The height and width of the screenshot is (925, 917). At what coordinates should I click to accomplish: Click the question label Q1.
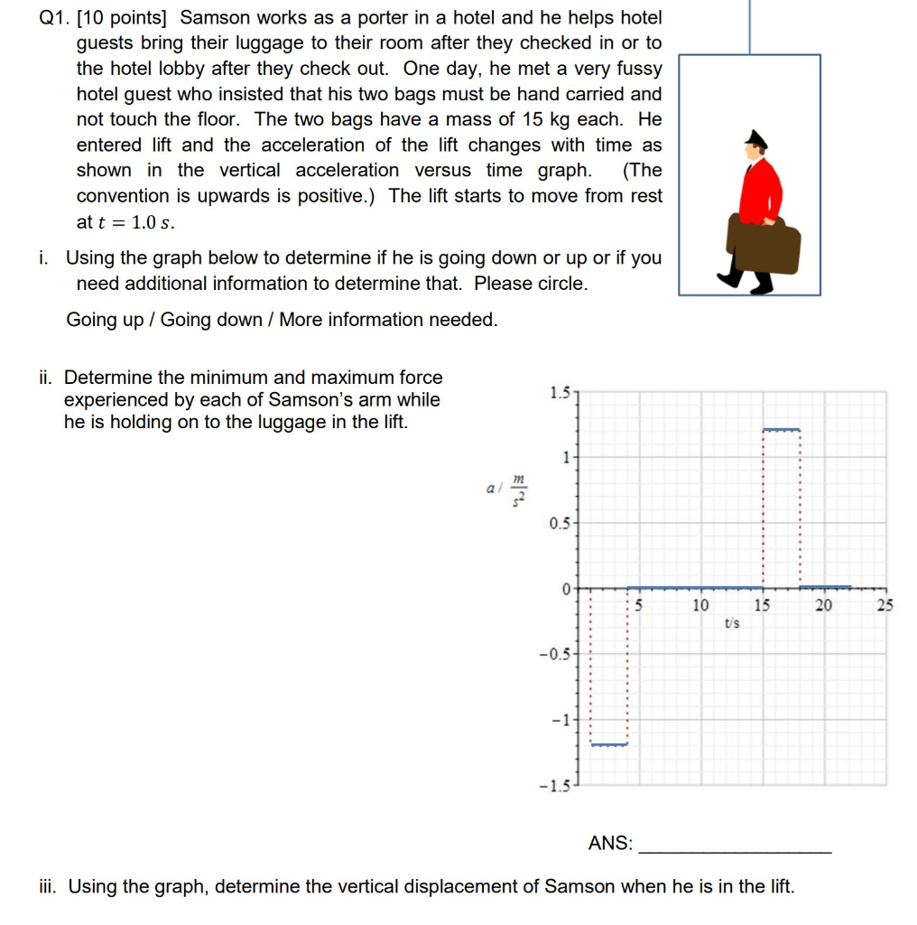coord(56,17)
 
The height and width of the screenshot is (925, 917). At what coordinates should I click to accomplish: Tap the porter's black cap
coord(755,139)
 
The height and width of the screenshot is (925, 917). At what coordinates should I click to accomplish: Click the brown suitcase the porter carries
coord(764,244)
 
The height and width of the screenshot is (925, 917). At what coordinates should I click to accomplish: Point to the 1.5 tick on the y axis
coord(559,392)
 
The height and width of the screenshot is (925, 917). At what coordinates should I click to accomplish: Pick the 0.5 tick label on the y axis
coord(559,524)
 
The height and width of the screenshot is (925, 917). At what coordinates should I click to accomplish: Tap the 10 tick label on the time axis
coord(699,605)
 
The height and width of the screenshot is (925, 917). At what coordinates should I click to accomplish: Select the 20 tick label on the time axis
coord(823,605)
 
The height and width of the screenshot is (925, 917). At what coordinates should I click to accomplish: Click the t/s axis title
coord(731,622)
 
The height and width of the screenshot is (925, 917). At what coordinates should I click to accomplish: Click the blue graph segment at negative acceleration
coord(608,744)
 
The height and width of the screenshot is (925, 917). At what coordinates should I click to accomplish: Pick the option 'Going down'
coord(211,320)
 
